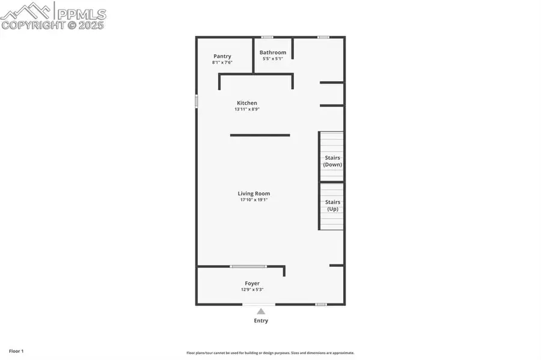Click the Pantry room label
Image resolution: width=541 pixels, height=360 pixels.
(x=222, y=56)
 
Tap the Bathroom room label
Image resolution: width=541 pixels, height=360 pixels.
(x=273, y=52)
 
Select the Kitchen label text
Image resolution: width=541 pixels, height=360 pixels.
(x=246, y=103)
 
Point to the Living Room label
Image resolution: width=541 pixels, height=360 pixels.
(x=254, y=194)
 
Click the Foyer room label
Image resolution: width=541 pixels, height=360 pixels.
(x=252, y=283)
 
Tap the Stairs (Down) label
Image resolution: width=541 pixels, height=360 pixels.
(x=332, y=161)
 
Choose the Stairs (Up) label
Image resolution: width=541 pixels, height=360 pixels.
(x=332, y=206)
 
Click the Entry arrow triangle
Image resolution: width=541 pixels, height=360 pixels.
(x=261, y=311)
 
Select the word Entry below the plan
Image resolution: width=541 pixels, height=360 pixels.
(x=261, y=320)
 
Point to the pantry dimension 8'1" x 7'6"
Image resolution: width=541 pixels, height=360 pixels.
(x=222, y=63)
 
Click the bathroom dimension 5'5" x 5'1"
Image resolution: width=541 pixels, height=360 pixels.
(x=273, y=59)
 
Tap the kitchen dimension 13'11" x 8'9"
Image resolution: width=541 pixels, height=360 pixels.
(x=246, y=109)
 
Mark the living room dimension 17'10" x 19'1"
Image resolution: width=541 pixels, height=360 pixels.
(x=254, y=200)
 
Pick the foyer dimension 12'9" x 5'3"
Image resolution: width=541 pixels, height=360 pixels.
(x=252, y=290)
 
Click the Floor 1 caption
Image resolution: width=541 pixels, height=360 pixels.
(x=16, y=350)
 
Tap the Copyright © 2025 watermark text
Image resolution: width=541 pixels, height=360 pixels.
(x=52, y=26)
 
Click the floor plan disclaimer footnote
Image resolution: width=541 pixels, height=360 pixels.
(x=270, y=353)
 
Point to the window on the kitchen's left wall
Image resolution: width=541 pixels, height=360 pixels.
(x=196, y=102)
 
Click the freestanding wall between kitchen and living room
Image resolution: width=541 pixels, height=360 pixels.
(x=260, y=135)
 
